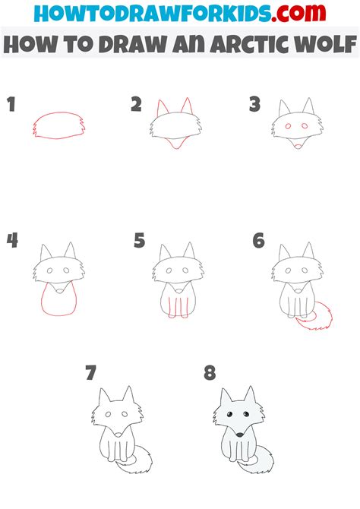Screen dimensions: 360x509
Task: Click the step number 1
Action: coord(11,105)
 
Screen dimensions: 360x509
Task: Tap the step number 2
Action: coord(137,105)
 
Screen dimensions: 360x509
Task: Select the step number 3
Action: coord(255,105)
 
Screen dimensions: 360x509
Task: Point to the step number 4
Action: coord(12,241)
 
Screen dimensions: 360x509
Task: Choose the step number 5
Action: coord(139,241)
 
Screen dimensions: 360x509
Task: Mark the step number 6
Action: coord(259,241)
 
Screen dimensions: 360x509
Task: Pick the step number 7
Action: coord(91,373)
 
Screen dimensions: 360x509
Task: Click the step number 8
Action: coord(210,373)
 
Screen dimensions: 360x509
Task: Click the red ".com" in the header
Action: coord(298,13)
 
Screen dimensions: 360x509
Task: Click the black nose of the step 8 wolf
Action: coord(239,435)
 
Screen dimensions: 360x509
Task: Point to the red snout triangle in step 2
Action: coord(175,143)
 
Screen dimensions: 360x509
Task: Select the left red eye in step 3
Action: coord(288,126)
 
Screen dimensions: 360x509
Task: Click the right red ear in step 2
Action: coord(187,106)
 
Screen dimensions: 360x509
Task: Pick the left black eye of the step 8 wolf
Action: coord(229,414)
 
